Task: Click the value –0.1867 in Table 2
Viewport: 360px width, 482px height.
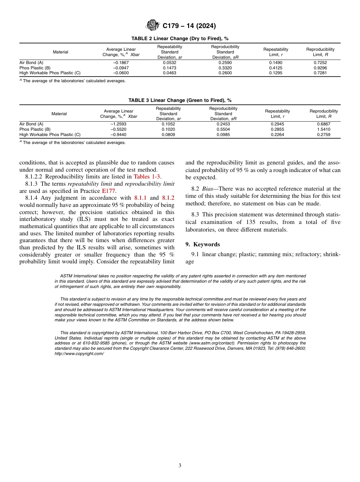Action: pyautogui.click(x=121, y=63)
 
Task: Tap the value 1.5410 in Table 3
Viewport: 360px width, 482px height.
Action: pyautogui.click(x=324, y=129)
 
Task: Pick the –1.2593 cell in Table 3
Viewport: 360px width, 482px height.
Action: pyautogui.click(x=119, y=124)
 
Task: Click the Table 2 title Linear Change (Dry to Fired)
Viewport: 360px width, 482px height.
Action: pyautogui.click(x=180, y=39)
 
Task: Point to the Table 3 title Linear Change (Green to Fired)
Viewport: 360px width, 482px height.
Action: pyautogui.click(x=180, y=100)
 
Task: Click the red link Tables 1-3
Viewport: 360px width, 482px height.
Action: pyautogui.click(x=147, y=177)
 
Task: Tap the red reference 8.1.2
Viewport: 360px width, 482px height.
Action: pyautogui.click(x=168, y=198)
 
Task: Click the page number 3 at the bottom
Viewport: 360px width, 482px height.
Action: pyautogui.click(x=180, y=465)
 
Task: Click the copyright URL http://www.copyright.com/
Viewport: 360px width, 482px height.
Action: pyautogui.click(x=79, y=353)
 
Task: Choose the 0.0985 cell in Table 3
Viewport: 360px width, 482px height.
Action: pyautogui.click(x=223, y=135)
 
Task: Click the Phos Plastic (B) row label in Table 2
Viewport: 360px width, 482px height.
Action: pyautogui.click(x=35, y=68)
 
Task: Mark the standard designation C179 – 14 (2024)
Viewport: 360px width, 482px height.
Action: pyautogui.click(x=189, y=26)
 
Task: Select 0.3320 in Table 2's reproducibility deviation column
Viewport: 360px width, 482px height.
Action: pyautogui.click(x=225, y=68)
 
